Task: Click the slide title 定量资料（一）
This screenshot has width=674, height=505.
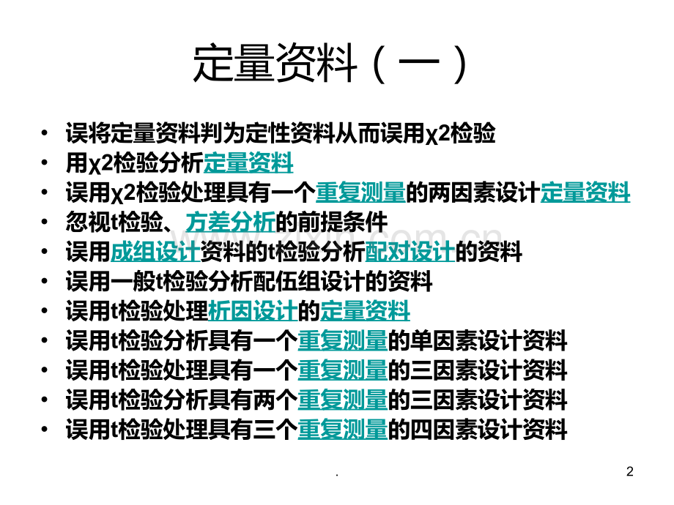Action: [x=330, y=64]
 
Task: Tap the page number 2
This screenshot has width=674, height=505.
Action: [x=630, y=471]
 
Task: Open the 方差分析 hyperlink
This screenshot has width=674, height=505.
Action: [x=230, y=222]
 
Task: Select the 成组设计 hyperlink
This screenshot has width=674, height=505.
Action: [x=155, y=252]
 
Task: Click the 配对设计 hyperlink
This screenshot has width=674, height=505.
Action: [x=410, y=252]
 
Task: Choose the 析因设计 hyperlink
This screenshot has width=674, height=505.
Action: [x=253, y=311]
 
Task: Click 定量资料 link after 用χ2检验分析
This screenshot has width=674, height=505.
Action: [x=248, y=162]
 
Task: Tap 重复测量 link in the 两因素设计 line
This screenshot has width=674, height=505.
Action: [x=361, y=192]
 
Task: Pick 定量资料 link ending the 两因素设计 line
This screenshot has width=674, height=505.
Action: [x=585, y=192]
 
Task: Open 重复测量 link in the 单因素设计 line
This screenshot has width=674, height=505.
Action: [x=343, y=340]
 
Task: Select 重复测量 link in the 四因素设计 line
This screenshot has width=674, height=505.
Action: [x=343, y=430]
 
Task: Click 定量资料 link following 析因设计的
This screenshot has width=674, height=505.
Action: [x=365, y=311]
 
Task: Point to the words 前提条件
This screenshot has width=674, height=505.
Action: [x=343, y=222]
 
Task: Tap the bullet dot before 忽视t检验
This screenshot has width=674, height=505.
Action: [x=44, y=222]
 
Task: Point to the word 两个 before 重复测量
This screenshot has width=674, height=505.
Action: [x=275, y=400]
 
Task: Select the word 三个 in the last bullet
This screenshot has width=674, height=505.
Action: [x=275, y=430]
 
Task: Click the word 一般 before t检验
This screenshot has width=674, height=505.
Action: [x=133, y=281]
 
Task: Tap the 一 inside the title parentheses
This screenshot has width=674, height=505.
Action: [x=418, y=64]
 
